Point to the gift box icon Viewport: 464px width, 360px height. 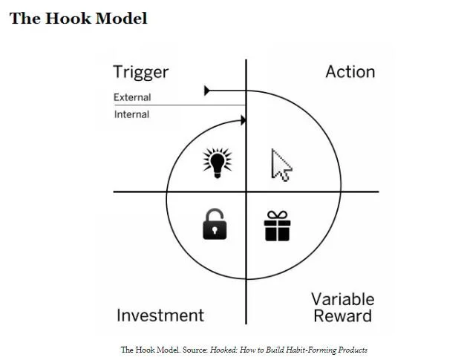[278, 226]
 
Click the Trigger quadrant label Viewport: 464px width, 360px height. [141, 72]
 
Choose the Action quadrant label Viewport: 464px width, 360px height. [350, 72]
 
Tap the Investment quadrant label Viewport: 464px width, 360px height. [160, 315]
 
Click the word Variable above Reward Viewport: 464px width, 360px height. [342, 300]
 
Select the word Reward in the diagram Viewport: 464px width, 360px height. [342, 317]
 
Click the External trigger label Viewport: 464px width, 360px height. [132, 97]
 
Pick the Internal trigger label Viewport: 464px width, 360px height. [132, 114]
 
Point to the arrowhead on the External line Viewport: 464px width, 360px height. [208, 91]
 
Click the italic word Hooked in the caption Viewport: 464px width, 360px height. [225, 350]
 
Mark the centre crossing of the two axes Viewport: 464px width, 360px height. [246, 192]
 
